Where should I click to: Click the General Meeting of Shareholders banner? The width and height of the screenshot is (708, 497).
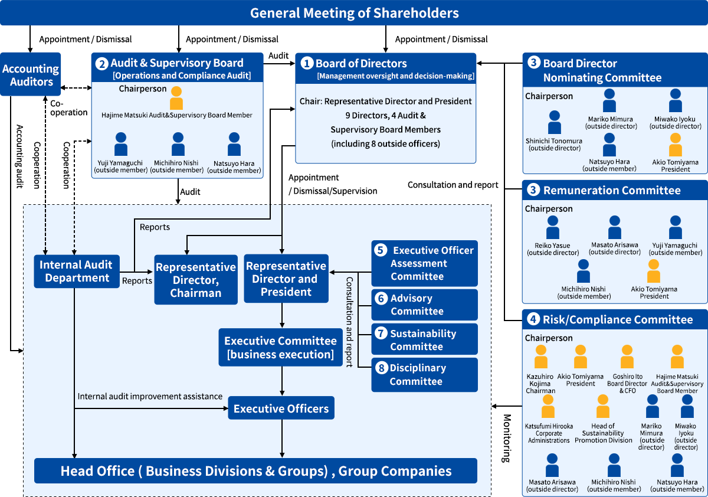pyautogui.click(x=354, y=12)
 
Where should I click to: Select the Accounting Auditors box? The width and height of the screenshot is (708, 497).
pyautogui.click(x=30, y=75)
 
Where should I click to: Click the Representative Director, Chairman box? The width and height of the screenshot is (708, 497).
pyautogui.click(x=195, y=280)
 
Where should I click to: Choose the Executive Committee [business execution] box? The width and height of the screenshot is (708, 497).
pyautogui.click(x=280, y=348)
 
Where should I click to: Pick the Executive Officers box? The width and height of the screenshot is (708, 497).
pyautogui.click(x=281, y=408)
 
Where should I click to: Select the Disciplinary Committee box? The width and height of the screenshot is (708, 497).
pyautogui.click(x=424, y=375)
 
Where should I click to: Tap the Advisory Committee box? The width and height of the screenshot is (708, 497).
pyautogui.click(x=424, y=305)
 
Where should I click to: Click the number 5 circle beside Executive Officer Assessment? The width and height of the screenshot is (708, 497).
pyautogui.click(x=381, y=250)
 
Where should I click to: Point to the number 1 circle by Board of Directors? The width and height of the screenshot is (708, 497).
pyautogui.click(x=306, y=63)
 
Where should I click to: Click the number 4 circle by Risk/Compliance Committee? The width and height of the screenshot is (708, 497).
pyautogui.click(x=533, y=319)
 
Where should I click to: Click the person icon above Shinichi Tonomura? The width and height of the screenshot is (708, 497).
pyautogui.click(x=554, y=123)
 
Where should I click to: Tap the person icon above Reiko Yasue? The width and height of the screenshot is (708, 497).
pyautogui.click(x=553, y=228)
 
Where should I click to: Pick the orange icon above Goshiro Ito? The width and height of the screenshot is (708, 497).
pyautogui.click(x=627, y=358)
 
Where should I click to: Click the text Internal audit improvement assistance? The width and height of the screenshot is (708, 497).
pyautogui.click(x=150, y=396)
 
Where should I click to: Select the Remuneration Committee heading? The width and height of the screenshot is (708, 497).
pyautogui.click(x=612, y=190)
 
